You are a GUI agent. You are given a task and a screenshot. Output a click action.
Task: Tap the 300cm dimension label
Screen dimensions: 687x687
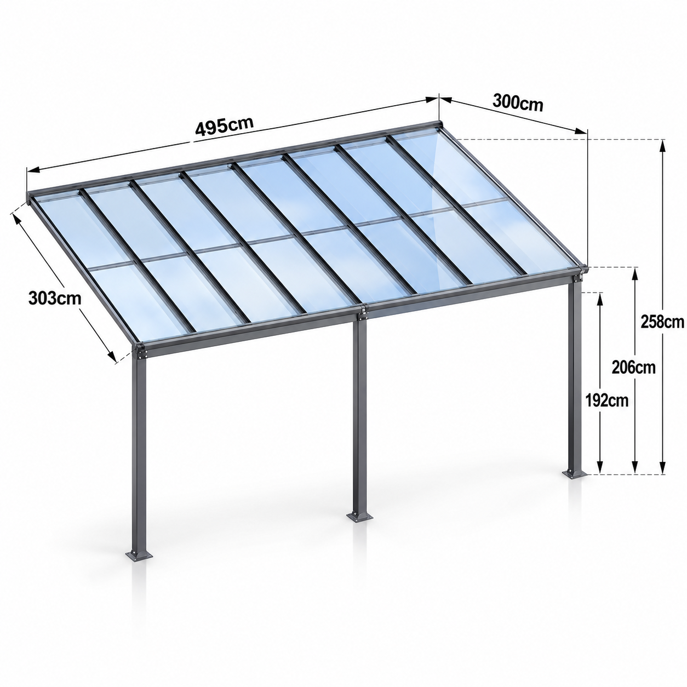[x=518, y=103]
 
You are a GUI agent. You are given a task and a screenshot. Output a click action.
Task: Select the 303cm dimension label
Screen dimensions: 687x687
[x=55, y=298]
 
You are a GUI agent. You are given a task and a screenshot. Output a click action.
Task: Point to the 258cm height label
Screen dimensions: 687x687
[x=662, y=322]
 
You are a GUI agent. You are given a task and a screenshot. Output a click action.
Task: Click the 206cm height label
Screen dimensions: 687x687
[x=633, y=367]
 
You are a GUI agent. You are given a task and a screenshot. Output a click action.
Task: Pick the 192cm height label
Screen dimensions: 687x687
[x=606, y=401]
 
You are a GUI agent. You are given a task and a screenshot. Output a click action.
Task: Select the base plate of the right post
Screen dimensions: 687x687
[x=575, y=474]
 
